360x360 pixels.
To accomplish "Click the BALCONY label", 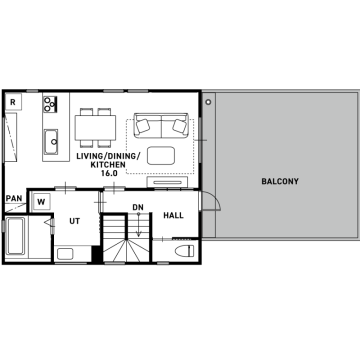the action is pos(280,181).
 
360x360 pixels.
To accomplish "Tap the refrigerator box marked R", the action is pos(13,102).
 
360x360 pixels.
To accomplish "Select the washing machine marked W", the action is pos(41,202).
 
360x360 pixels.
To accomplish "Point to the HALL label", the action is pos(173,215).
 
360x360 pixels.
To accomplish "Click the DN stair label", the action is pos(138,207).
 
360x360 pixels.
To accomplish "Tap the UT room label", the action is pos(74,221).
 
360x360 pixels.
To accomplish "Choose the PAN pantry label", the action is pos(14,198).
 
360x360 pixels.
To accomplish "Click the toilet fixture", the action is pos(184,250).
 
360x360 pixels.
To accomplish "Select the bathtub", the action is pos(15,236).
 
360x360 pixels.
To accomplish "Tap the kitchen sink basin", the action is pos(51,141).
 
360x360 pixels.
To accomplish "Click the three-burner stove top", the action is pos(50,104).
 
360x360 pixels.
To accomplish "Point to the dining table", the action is pos(95,127).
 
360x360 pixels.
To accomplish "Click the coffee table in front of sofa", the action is pos(160,155).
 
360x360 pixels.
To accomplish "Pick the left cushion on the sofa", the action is pos(143,125).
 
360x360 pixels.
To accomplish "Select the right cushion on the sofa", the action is pos(179,126).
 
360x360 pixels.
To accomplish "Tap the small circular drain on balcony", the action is pos(208,102).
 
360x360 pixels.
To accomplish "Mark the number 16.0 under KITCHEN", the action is pos(109,173).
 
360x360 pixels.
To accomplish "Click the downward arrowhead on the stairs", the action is pos(138,234).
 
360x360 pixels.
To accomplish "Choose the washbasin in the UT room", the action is pos(65,254).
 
